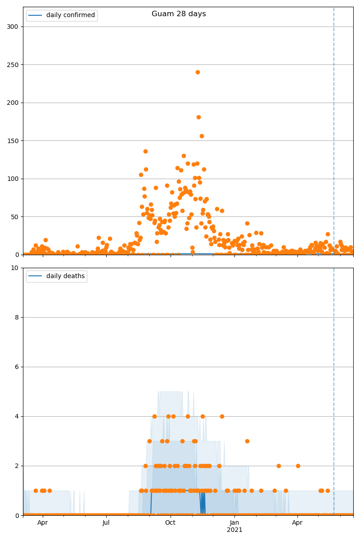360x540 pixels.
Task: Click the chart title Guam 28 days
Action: click(179, 14)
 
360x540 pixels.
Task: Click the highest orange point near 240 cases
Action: click(198, 72)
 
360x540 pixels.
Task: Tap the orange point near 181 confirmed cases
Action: click(198, 117)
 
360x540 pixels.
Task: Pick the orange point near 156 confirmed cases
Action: click(202, 136)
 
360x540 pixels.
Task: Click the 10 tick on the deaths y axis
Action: click(15, 268)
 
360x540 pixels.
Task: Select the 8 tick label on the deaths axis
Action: click(17, 317)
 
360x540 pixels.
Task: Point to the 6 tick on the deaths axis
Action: click(17, 367)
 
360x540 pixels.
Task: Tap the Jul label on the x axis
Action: click(106, 522)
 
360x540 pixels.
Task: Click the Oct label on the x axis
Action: click(170, 522)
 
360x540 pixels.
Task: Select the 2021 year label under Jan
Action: click(234, 530)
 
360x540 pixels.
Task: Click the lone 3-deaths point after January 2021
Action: click(247, 441)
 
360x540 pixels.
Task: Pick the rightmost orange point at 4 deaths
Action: click(222, 416)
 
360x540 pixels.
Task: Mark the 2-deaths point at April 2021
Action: click(298, 466)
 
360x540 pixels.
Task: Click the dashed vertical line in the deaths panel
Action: click(334, 387)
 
